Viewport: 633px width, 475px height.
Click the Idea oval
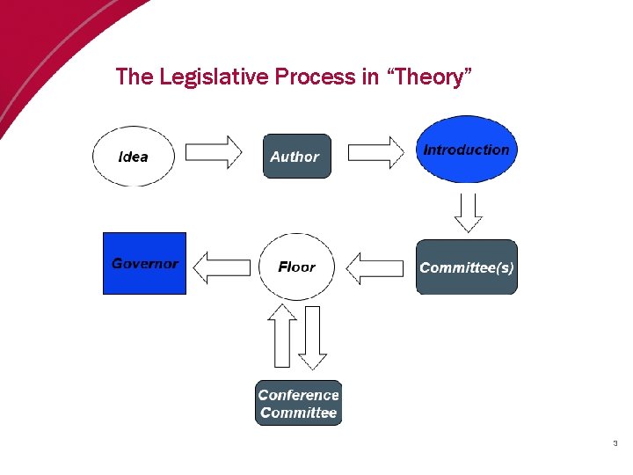pos(134,157)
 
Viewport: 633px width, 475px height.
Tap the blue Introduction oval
pos(467,150)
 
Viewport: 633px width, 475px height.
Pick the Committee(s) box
pos(467,267)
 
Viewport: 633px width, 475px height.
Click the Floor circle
pos(297,267)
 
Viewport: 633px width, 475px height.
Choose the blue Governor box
pos(145,263)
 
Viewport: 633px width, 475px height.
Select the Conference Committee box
pos(299,403)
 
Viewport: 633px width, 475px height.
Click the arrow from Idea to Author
pos(215,152)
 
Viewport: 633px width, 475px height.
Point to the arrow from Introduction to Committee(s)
pos(469,210)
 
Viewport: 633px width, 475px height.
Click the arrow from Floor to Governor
pos(222,267)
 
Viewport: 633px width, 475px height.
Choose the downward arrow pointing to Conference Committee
pos(312,337)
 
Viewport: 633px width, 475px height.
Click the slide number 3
pos(615,443)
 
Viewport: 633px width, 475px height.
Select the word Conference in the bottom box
pos(299,395)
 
